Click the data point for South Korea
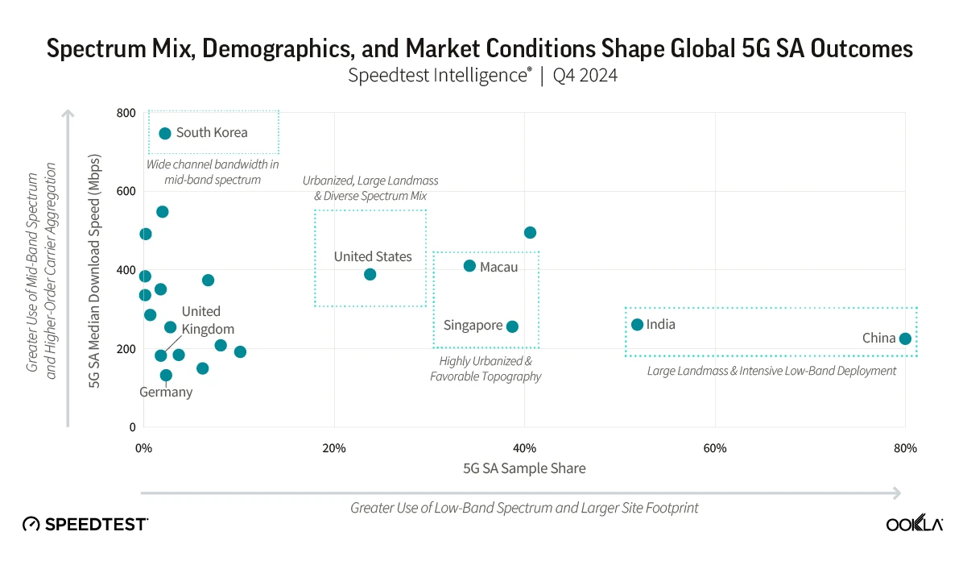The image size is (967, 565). click(165, 133)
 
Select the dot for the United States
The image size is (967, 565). click(370, 274)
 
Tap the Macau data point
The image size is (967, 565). click(469, 266)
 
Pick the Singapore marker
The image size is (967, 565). click(512, 326)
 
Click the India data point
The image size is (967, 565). click(637, 325)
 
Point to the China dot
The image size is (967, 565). click(905, 339)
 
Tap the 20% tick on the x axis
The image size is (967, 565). click(334, 448)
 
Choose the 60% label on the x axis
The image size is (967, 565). click(715, 448)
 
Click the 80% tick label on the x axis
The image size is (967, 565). click(905, 448)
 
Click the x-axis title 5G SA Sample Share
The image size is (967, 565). click(524, 468)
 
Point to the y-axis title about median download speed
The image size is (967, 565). click(94, 271)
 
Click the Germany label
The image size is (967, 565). click(166, 393)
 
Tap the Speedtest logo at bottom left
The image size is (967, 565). click(85, 524)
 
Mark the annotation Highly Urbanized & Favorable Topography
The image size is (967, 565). click(486, 369)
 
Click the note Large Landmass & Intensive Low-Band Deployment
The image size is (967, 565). click(771, 371)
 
